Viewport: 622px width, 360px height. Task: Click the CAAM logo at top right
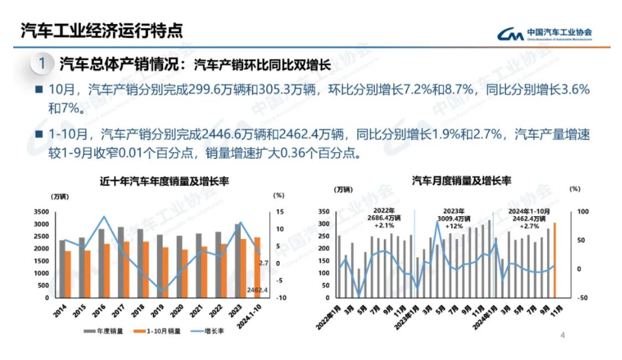click(x=544, y=33)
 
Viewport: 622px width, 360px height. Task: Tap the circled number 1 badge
click(x=42, y=64)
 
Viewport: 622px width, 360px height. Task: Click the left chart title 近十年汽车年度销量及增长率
click(x=164, y=182)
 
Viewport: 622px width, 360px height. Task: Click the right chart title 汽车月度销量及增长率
click(x=461, y=181)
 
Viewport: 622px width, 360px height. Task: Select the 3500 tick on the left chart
click(x=40, y=212)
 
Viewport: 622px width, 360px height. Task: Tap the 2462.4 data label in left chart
click(x=258, y=290)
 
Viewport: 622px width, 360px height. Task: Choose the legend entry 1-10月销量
click(x=159, y=330)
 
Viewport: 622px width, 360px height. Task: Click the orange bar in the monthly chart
click(x=555, y=260)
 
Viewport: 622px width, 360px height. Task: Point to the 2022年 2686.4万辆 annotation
click(x=384, y=218)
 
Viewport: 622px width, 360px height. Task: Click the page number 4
click(x=563, y=335)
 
